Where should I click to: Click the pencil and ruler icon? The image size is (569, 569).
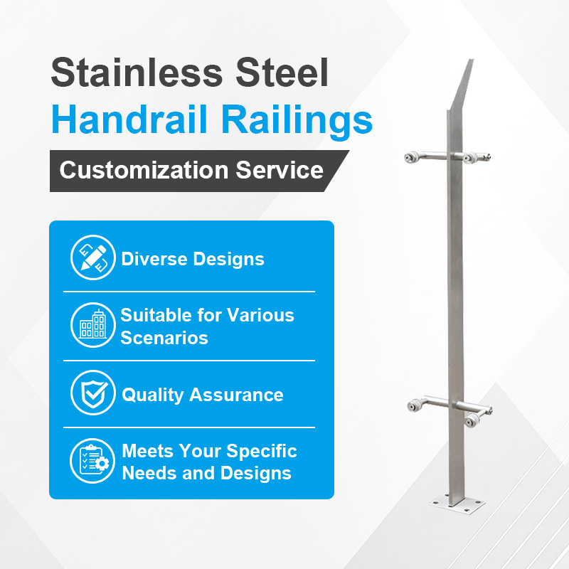pos(93,258)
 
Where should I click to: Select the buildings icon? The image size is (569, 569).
pos(93,326)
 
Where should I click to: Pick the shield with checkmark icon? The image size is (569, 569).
pos(93,393)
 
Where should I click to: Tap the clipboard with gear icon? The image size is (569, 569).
pos(93,461)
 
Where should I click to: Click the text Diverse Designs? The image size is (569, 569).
pos(193,259)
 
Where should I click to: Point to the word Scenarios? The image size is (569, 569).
pos(164,337)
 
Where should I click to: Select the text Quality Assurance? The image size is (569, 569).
pos(203,395)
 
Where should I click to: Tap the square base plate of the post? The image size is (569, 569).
pos(455,507)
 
